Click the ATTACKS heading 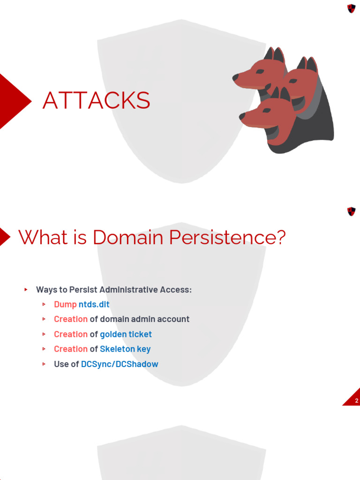coord(96,101)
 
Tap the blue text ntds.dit coord(94,304)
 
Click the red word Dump coord(65,304)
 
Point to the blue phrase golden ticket coord(126,334)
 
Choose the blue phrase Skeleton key coord(125,349)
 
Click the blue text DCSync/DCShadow coord(120,364)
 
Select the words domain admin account coord(145,319)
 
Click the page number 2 coord(356,401)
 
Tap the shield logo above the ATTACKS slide coord(351,8)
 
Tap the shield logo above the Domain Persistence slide coord(351,211)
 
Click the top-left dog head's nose coord(235,77)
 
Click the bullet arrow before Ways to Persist coord(26,290)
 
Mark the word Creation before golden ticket coord(71,334)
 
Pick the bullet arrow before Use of coord(44,364)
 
